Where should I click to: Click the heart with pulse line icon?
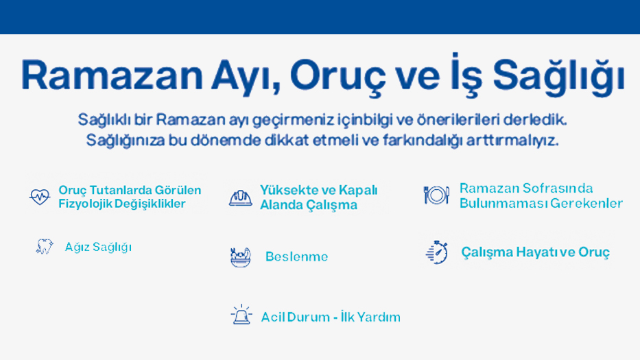pos(40,197)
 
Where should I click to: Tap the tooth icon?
pos(45,247)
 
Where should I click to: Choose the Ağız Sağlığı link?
pos(98,247)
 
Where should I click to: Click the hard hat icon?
pos(240,197)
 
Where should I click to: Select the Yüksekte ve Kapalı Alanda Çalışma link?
pos(318,197)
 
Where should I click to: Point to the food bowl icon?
pos(240,257)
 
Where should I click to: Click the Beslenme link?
pos(296,257)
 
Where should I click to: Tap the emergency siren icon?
pos(241,315)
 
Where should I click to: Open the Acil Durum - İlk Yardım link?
pos(331,317)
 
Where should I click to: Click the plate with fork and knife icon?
pos(436,195)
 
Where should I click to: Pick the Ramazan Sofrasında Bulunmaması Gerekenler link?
pos(541,196)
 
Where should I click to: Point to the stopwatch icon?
pos(436,252)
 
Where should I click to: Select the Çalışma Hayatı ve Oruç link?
pos(535,252)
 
